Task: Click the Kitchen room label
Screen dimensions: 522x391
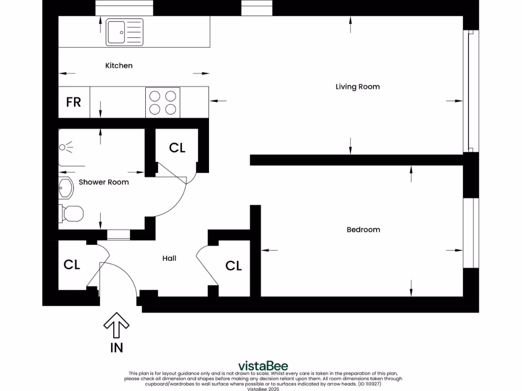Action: pyautogui.click(x=119, y=66)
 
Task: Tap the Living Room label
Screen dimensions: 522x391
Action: pyautogui.click(x=357, y=87)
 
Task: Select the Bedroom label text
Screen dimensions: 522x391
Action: pyautogui.click(x=363, y=230)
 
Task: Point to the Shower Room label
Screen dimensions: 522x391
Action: pyautogui.click(x=103, y=182)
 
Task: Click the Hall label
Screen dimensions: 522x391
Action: pyautogui.click(x=169, y=258)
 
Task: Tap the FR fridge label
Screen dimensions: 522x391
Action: pyautogui.click(x=73, y=102)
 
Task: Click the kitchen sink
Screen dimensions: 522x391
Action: pyautogui.click(x=124, y=32)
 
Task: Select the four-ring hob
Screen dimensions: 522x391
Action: pyautogui.click(x=163, y=102)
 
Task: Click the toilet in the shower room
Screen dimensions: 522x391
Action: pyautogui.click(x=71, y=213)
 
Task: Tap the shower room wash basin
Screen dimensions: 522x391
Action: pyautogui.click(x=66, y=188)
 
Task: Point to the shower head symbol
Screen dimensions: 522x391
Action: pyautogui.click(x=66, y=147)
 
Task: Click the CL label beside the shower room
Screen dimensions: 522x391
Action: pyautogui.click(x=177, y=148)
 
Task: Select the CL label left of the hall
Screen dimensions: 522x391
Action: pyautogui.click(x=71, y=265)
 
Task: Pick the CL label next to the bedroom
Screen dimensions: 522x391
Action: pyautogui.click(x=233, y=266)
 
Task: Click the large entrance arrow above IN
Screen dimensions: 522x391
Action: pyautogui.click(x=116, y=325)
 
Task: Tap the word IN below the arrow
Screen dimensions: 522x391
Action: pyautogui.click(x=117, y=348)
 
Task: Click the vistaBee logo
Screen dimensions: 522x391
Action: pyautogui.click(x=263, y=366)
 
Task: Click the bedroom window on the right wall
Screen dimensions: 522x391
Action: pyautogui.click(x=471, y=233)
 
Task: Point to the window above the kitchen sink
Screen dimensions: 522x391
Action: pyautogui.click(x=124, y=8)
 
